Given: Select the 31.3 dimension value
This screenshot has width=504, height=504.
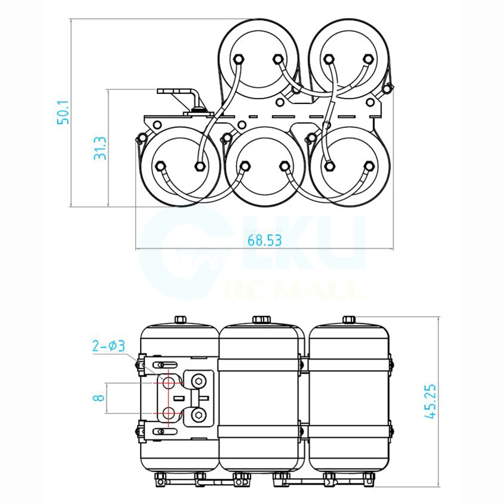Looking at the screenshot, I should tap(100, 148).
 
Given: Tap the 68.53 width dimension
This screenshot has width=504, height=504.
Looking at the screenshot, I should tap(264, 240).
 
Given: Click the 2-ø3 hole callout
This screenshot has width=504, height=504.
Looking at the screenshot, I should tap(108, 346).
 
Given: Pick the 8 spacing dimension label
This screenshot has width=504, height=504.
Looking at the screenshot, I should tap(100, 397).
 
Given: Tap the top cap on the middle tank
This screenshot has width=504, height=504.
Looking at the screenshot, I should tap(261, 320).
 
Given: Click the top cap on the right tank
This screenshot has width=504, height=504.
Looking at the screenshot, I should tap(349, 320).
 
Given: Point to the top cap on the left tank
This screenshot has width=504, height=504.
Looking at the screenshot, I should tap(180, 320).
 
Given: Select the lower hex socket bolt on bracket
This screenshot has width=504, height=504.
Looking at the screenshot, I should tap(200, 415).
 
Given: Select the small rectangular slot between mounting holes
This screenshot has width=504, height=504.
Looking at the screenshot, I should tap(176, 398).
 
